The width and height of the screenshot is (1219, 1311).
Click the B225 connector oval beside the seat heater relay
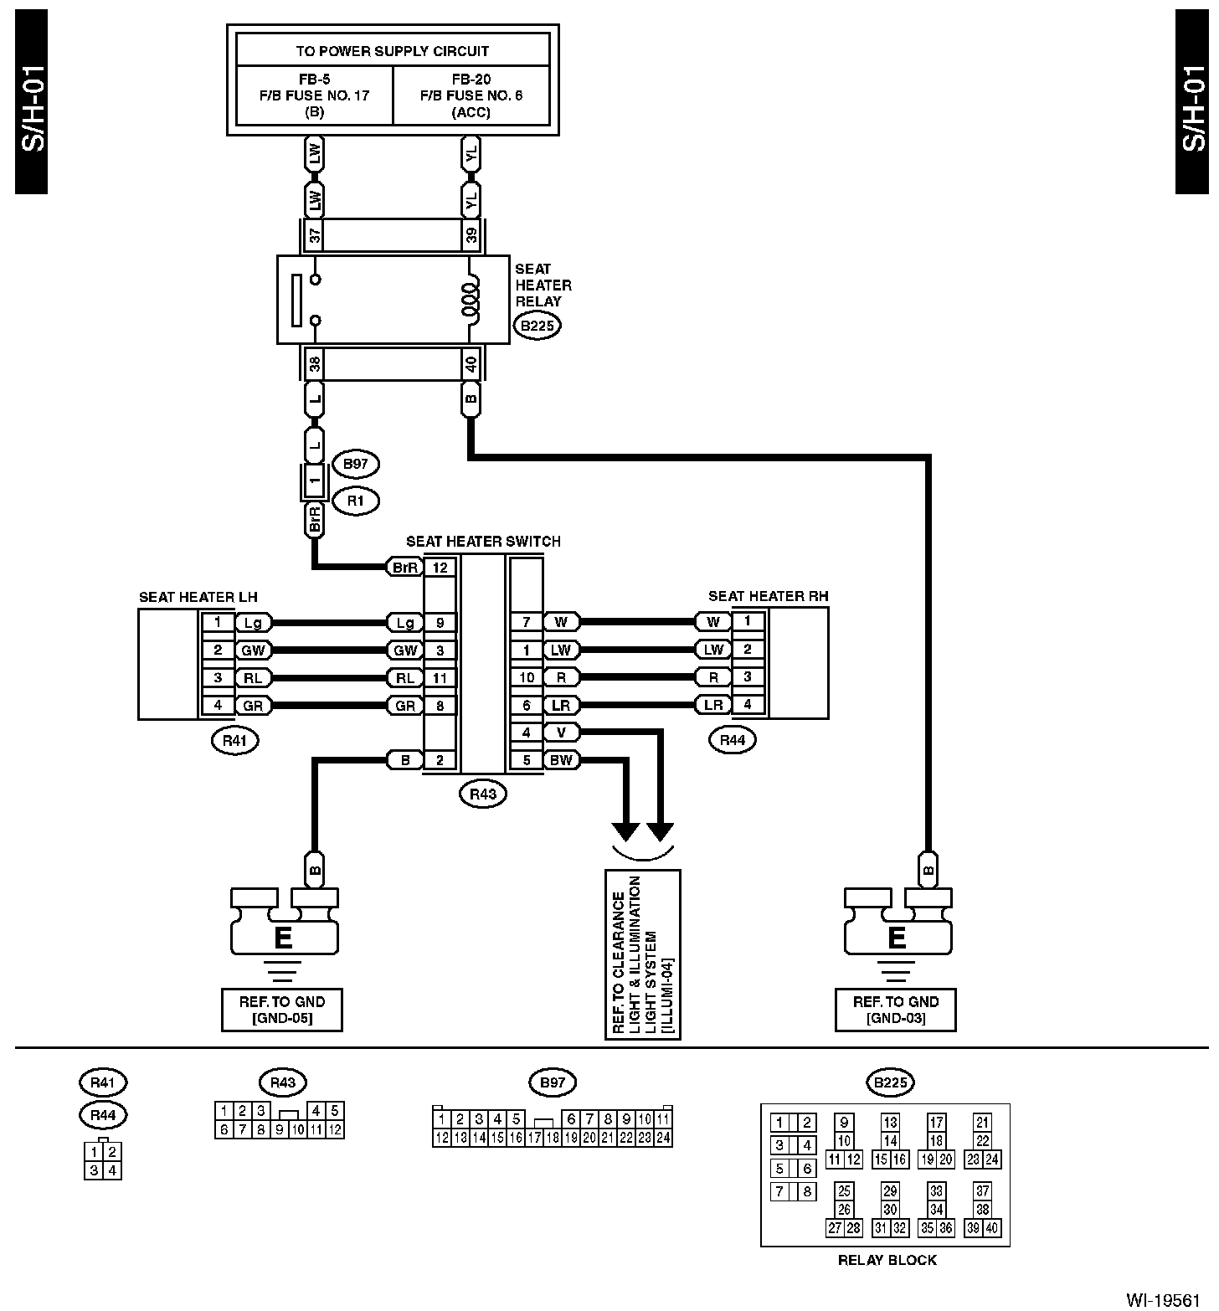pyautogui.click(x=537, y=326)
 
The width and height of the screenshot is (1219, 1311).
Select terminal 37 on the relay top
pyautogui.click(x=315, y=235)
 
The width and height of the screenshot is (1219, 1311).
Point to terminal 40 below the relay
pyautogui.click(x=471, y=364)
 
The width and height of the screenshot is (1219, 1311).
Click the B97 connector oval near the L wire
pyautogui.click(x=356, y=464)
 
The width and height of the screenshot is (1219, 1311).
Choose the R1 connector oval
pyautogui.click(x=356, y=501)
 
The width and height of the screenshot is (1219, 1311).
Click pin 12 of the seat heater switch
pyautogui.click(x=440, y=568)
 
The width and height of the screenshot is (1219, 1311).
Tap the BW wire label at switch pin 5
pyautogui.click(x=561, y=760)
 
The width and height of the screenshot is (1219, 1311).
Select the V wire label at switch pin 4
pyautogui.click(x=561, y=733)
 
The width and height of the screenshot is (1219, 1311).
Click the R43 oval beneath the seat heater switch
pyautogui.click(x=483, y=794)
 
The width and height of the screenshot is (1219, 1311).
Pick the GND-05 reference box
pyautogui.click(x=282, y=1010)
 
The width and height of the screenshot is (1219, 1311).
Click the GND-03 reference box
pyautogui.click(x=895, y=1010)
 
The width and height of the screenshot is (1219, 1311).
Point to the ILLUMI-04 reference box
pyautogui.click(x=643, y=954)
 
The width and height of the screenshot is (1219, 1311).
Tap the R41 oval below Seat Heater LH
pyautogui.click(x=235, y=740)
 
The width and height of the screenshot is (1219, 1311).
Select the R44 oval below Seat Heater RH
pyautogui.click(x=732, y=740)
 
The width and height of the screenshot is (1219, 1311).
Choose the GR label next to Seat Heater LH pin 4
pyautogui.click(x=252, y=706)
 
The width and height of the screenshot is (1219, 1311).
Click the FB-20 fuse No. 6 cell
pyautogui.click(x=471, y=95)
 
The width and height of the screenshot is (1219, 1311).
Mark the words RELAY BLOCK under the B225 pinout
pyautogui.click(x=887, y=1260)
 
